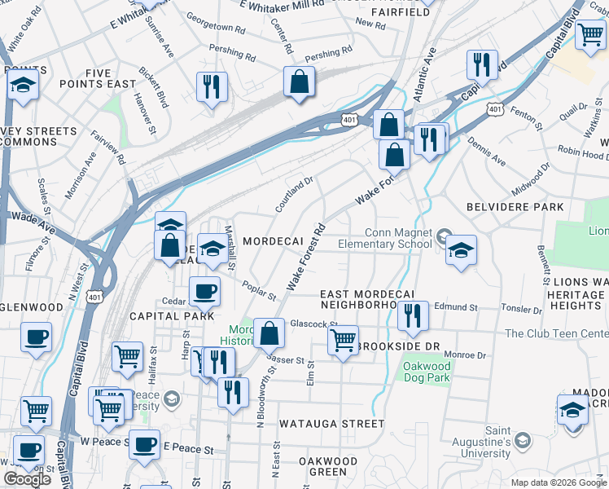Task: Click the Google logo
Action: [27, 479]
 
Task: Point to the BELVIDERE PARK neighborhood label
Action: [515, 207]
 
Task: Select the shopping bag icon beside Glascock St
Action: [269, 333]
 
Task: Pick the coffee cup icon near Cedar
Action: [204, 290]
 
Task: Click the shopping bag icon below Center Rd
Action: [300, 81]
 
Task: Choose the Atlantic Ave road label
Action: [425, 73]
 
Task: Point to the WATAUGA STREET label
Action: [331, 424]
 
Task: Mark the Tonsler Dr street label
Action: [521, 310]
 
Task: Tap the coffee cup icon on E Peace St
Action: [145, 445]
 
